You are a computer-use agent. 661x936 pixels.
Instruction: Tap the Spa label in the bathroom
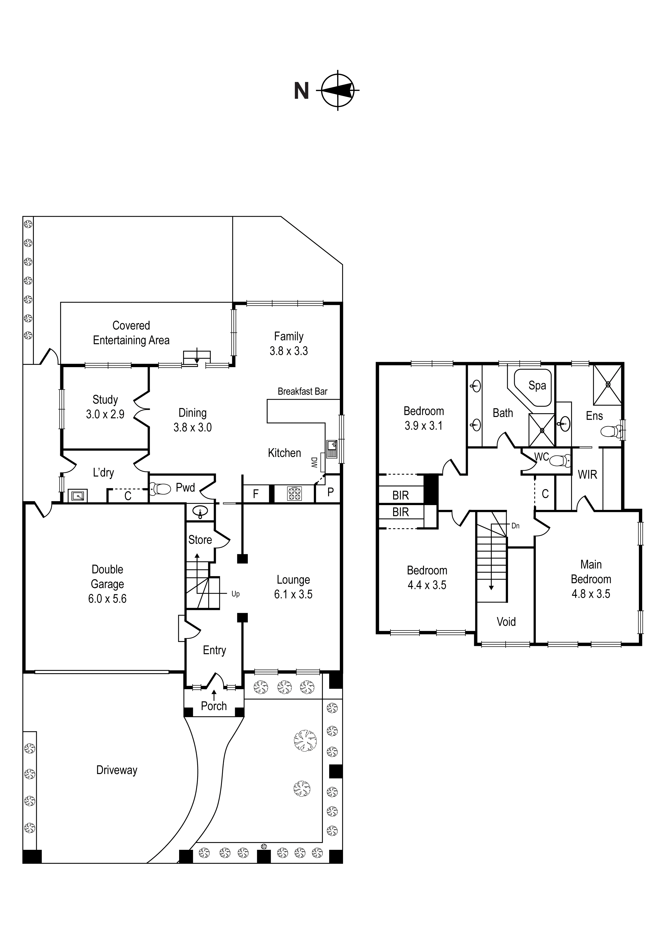[537, 385]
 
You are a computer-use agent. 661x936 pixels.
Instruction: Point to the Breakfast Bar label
[303, 391]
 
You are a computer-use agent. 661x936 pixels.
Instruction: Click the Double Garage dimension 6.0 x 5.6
[107, 598]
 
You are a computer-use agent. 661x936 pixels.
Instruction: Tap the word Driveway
[117, 770]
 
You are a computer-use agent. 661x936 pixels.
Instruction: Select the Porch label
[214, 706]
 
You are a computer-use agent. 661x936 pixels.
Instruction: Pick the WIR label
[587, 474]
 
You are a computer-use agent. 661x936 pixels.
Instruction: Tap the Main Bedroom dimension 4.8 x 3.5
[591, 594]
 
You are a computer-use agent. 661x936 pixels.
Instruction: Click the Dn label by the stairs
[515, 526]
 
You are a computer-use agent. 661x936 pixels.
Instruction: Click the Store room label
[200, 540]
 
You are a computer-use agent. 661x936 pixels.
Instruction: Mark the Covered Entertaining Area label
[131, 333]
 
